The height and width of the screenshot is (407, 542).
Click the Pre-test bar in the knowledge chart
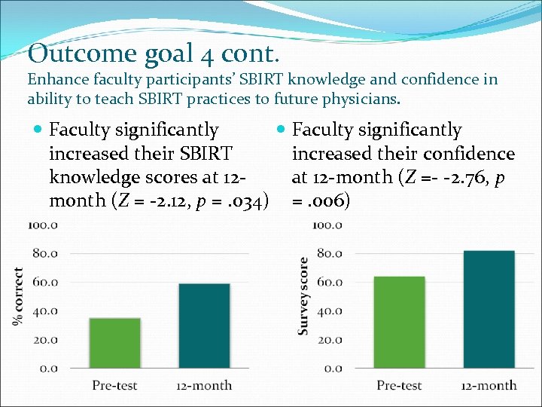point(115,343)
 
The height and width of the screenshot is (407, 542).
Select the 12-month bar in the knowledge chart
point(205,326)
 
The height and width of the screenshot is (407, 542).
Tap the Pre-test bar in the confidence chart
point(400,323)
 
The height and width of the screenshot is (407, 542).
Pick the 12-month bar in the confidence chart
point(489,309)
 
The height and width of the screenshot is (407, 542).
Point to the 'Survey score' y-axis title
point(303,296)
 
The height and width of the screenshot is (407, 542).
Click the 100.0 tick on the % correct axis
point(42,225)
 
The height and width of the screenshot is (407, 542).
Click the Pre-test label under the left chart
point(115,385)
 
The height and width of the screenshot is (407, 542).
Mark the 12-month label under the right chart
point(489,385)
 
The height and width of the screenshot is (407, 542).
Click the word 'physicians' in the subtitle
point(361,99)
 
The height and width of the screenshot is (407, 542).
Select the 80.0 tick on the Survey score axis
point(328,253)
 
